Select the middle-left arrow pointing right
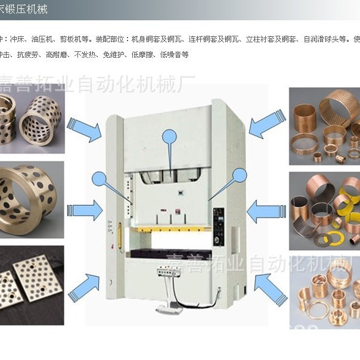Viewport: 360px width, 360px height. coord(85,210)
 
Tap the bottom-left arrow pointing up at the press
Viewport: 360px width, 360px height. coord(84,287)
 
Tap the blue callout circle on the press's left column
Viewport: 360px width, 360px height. coord(100,178)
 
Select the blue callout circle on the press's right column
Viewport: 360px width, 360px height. coord(240,175)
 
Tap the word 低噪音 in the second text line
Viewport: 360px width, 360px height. coord(176,54)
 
